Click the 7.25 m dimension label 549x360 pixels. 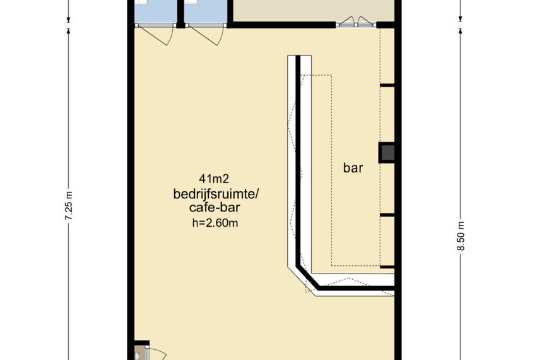pyautogui.click(x=69, y=206)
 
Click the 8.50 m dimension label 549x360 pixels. pyautogui.click(x=461, y=236)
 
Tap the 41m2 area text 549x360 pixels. pyautogui.click(x=213, y=179)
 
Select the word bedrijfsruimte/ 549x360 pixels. pyautogui.click(x=216, y=194)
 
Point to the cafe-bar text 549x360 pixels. pyautogui.click(x=215, y=208)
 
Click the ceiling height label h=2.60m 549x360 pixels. pyautogui.click(x=215, y=223)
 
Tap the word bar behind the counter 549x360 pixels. pyautogui.click(x=353, y=168)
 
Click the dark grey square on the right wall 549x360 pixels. pyautogui.click(x=387, y=153)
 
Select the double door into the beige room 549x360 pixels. pyautogui.click(x=356, y=21)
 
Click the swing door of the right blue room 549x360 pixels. pyautogui.click(x=206, y=35)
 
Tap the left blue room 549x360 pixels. pyautogui.click(x=156, y=12)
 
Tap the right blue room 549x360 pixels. pyautogui.click(x=206, y=12)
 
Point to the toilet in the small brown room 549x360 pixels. pyautogui.click(x=138, y=356)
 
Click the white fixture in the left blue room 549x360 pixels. pyautogui.click(x=141, y=2)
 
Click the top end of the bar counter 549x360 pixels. pyautogui.click(x=299, y=57)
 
